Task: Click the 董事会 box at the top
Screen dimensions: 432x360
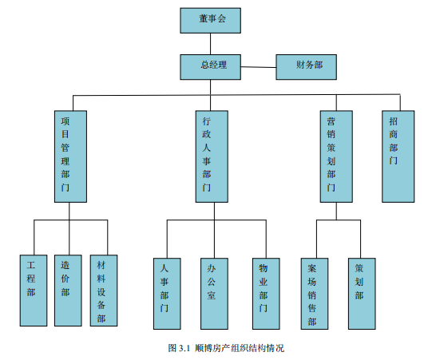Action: point(211,21)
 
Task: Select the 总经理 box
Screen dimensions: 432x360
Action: point(211,67)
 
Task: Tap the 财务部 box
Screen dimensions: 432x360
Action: point(307,67)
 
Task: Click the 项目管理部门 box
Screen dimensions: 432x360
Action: point(70,156)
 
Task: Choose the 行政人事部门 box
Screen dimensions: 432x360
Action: point(212,156)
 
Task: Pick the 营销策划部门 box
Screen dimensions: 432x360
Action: point(336,156)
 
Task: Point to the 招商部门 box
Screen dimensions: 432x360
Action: point(398,156)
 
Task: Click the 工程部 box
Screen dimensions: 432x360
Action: point(34,291)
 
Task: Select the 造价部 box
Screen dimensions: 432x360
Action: point(68,291)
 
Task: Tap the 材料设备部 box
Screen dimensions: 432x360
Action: point(104,291)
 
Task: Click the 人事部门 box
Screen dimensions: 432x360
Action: point(167,294)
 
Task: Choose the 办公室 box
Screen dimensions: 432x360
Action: point(214,294)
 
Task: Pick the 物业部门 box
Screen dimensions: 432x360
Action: point(266,294)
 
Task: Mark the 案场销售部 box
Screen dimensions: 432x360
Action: point(315,294)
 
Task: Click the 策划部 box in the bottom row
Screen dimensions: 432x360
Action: point(362,294)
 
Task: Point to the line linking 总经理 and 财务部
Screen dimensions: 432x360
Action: point(259,67)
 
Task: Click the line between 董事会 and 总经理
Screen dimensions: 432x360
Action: point(211,44)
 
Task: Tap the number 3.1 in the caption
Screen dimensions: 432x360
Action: point(184,349)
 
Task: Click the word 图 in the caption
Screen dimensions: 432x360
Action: point(172,348)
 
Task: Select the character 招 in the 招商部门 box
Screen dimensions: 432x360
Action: point(394,121)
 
